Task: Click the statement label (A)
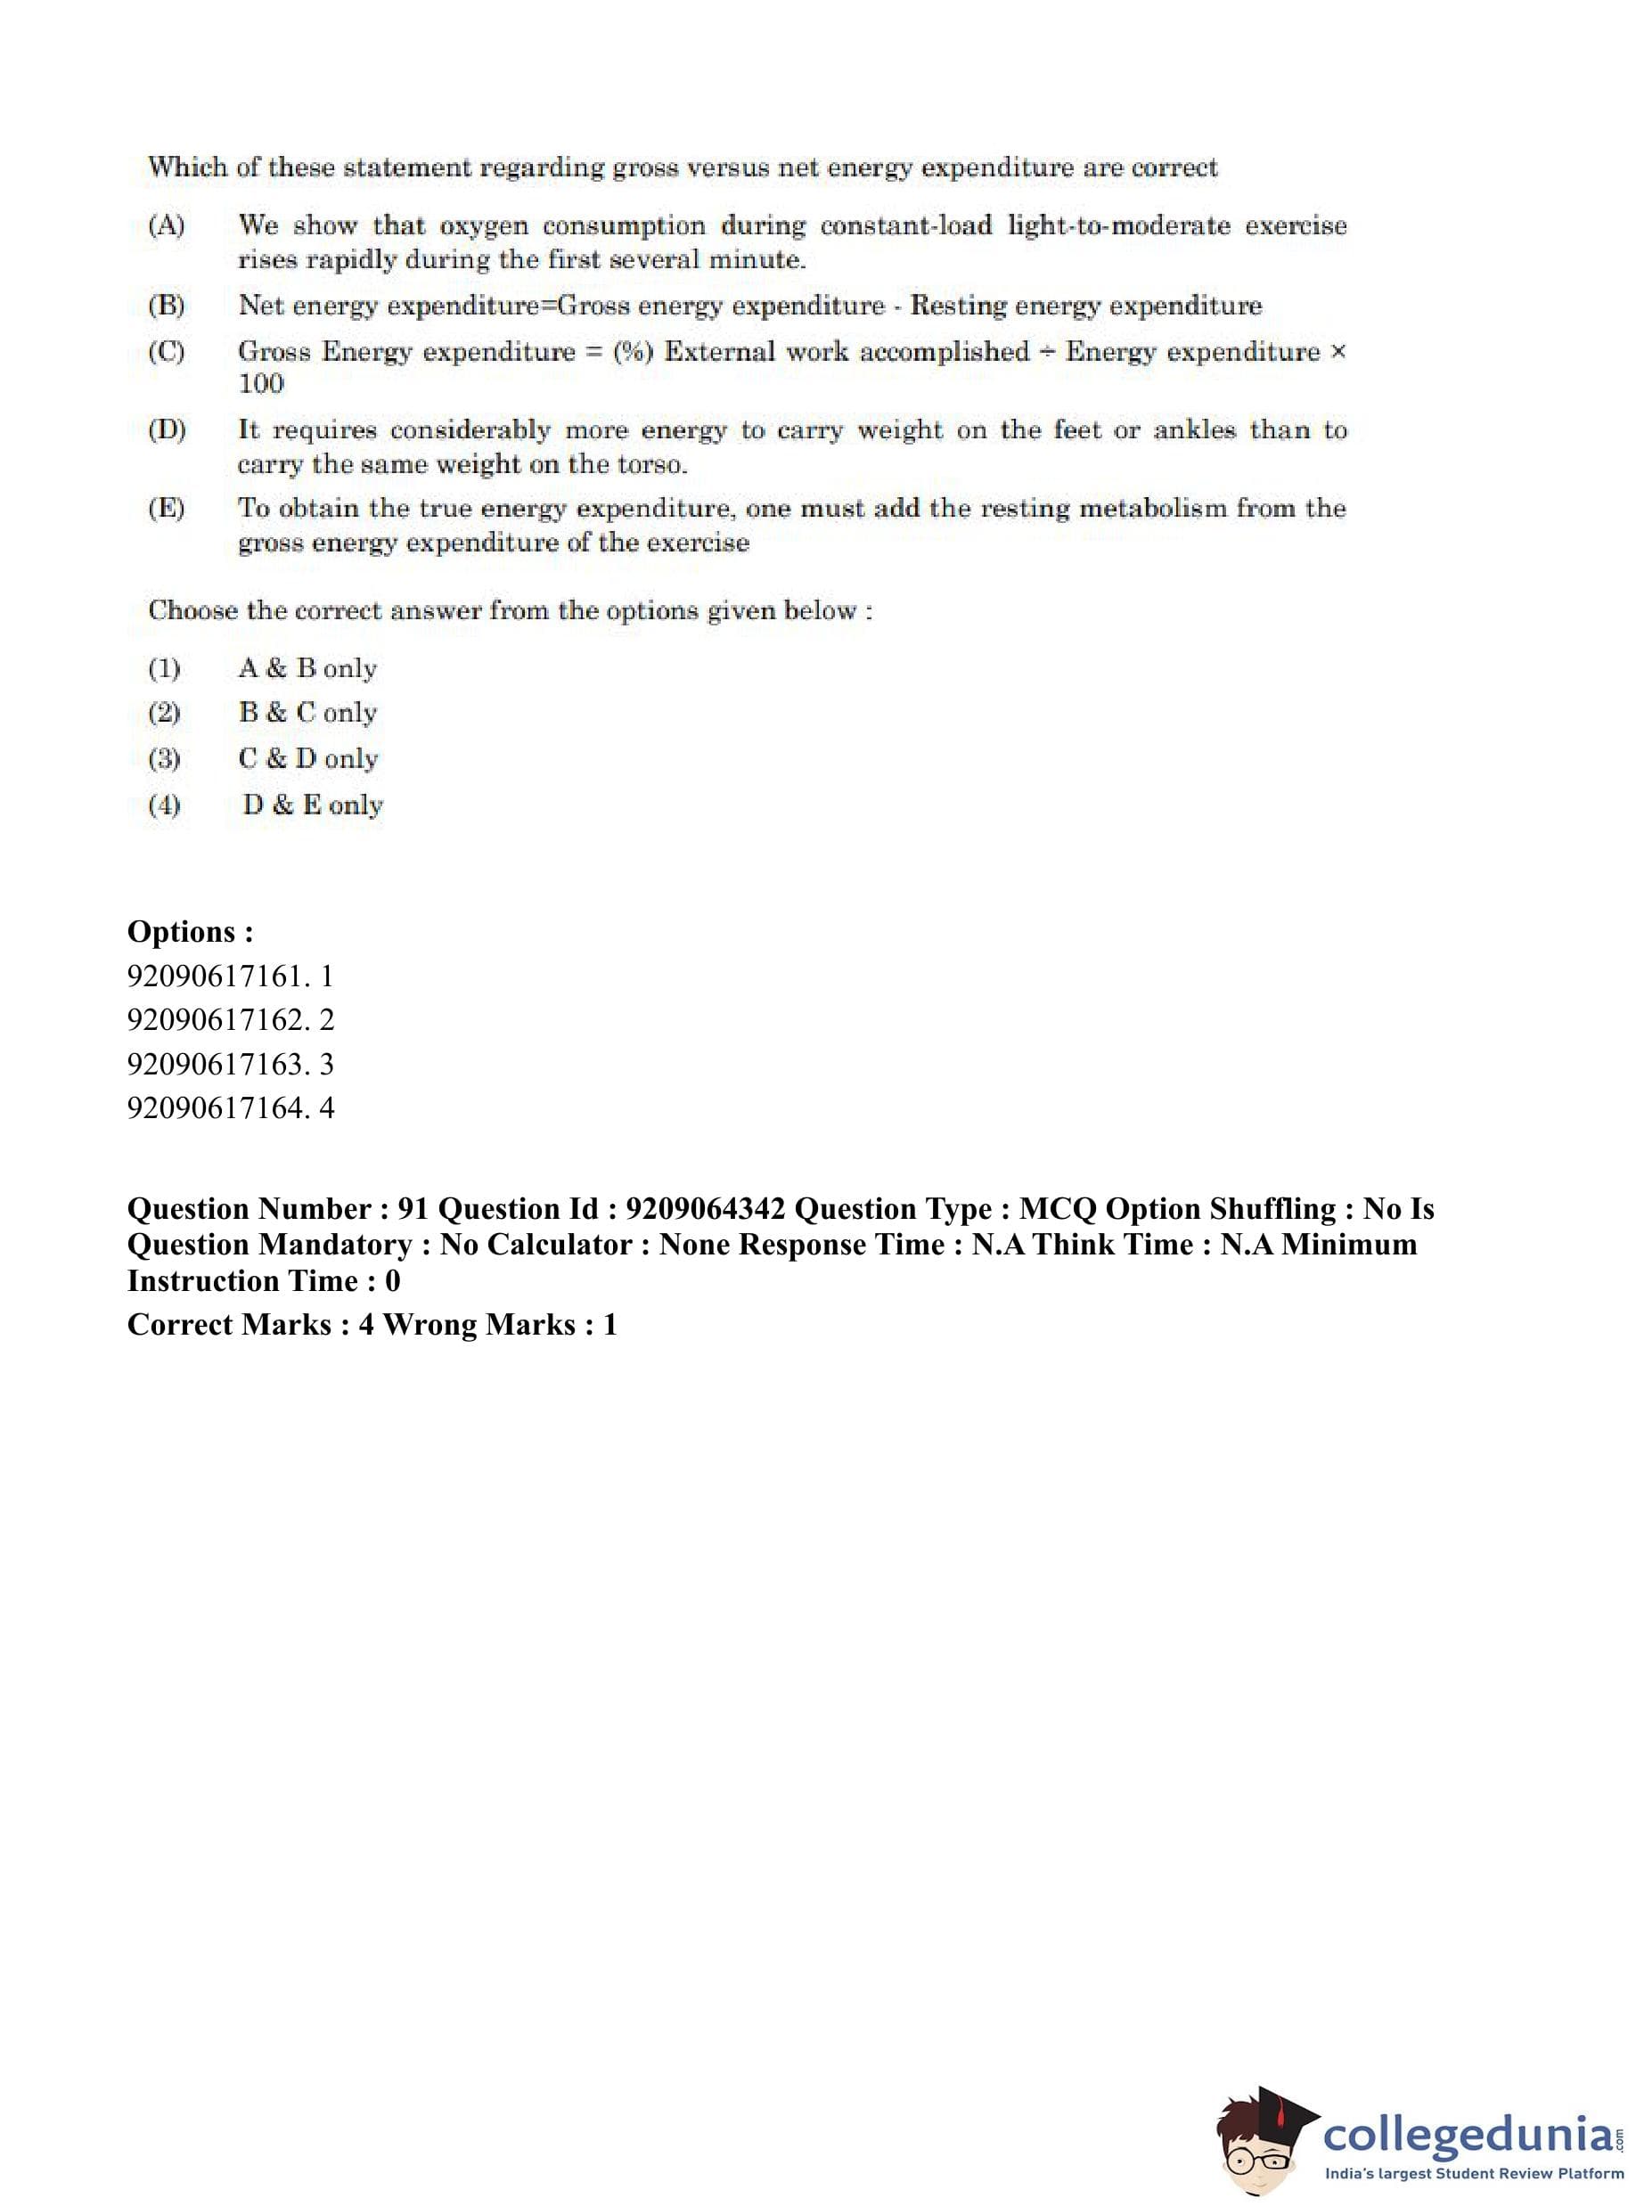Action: pos(166,225)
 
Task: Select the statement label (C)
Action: pos(166,352)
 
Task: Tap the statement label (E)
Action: pos(166,509)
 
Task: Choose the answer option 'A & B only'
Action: pos(307,668)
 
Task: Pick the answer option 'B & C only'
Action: pos(307,713)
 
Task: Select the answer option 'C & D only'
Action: pos(308,758)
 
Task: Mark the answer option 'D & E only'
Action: pos(312,805)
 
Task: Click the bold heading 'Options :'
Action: pos(190,932)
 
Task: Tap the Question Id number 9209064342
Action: pos(705,1209)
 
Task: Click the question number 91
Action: pos(413,1209)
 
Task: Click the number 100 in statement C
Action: pos(260,384)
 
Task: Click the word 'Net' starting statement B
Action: pos(259,306)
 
